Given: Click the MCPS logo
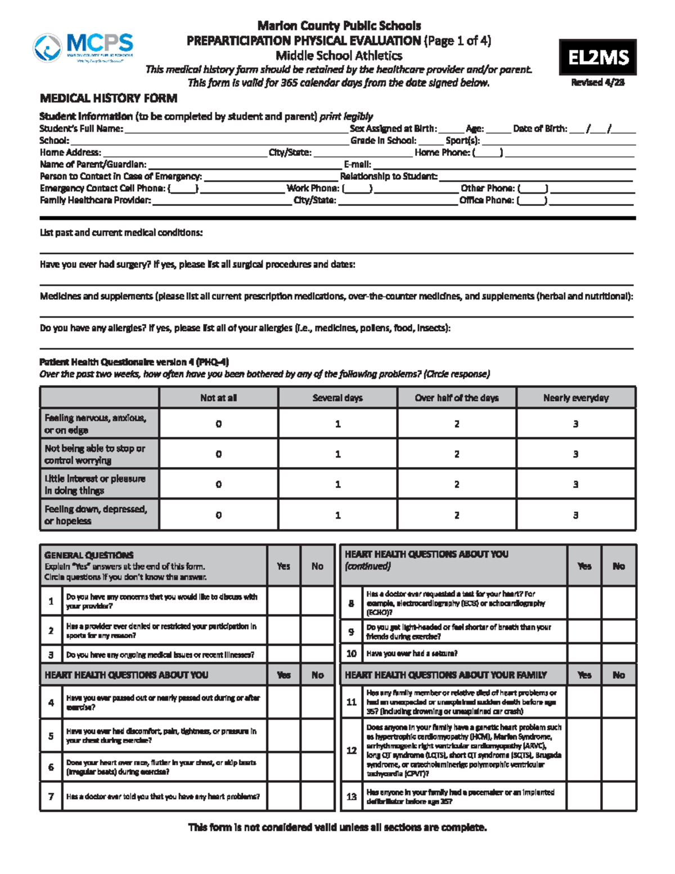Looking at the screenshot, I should pos(83,47).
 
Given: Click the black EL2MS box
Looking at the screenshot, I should pos(597,57).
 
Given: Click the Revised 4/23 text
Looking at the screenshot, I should pos(597,83).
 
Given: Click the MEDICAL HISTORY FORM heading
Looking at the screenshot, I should pos(109,98).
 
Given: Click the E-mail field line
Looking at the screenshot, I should pos(503,166).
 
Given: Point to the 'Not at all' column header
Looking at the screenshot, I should pos(218,398).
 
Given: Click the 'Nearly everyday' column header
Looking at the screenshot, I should pos(575,398).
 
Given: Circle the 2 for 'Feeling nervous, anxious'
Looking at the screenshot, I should pos(456,424).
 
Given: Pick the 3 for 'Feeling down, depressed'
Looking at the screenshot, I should pos(575,515).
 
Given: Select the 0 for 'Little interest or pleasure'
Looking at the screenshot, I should pos(218,484).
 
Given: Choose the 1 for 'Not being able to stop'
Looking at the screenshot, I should pos(337,454).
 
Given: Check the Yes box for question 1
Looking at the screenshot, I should pos(283,601).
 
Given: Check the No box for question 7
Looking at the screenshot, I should pos(317,796).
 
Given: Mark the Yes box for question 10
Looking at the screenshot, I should pos(584,653).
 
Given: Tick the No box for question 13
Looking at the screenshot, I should pos(618,796).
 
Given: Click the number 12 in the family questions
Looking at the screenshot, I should pos(352,750).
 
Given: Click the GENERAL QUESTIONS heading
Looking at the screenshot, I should pos(89,555).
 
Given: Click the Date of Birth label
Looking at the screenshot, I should pos(539,129).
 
